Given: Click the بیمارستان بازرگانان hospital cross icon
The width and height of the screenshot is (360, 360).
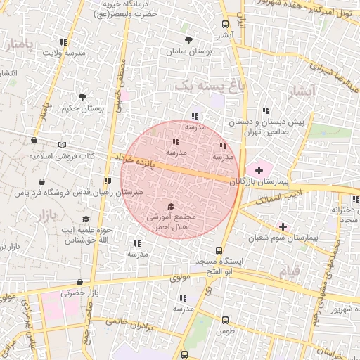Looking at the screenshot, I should (x=259, y=169).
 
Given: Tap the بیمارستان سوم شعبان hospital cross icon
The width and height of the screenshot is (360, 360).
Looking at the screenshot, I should (x=283, y=226).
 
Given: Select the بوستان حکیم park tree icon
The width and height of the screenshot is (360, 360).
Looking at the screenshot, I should (x=83, y=97).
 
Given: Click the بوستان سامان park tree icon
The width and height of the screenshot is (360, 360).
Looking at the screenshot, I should (x=188, y=40).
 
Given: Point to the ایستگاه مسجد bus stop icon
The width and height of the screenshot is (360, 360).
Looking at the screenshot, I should (x=219, y=250).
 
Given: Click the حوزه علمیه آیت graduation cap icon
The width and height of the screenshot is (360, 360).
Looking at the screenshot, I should (x=86, y=219).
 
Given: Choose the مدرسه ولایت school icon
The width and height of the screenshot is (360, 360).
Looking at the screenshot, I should (x=64, y=42).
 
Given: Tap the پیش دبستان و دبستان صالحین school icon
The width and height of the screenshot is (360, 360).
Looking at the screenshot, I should (x=266, y=110).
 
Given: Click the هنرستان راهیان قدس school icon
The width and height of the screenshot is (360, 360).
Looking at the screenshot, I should (x=108, y=181).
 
